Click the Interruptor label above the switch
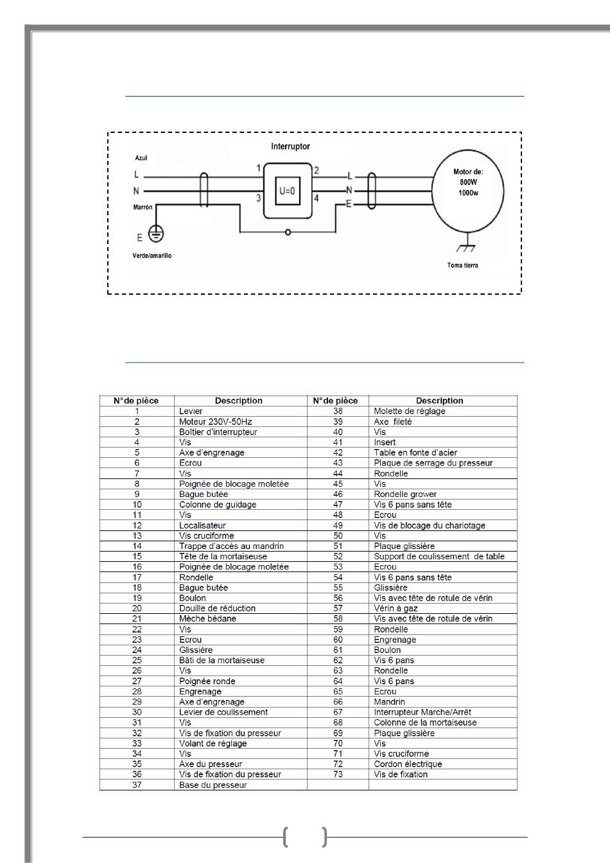pyautogui.click(x=290, y=146)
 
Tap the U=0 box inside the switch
pyautogui.click(x=288, y=191)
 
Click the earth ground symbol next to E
pyautogui.click(x=155, y=234)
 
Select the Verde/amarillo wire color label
pyautogui.click(x=152, y=256)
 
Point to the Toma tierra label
pyautogui.click(x=462, y=265)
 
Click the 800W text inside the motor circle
pyautogui.click(x=468, y=182)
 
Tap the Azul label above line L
pyautogui.click(x=141, y=158)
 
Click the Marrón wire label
pyautogui.click(x=143, y=207)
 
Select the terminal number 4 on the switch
pyautogui.click(x=317, y=198)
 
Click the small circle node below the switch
pyautogui.click(x=288, y=232)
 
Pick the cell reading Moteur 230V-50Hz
pyautogui.click(x=215, y=421)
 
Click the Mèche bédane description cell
pyautogui.click(x=207, y=618)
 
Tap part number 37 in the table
pyautogui.click(x=137, y=785)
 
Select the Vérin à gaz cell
pyautogui.click(x=396, y=608)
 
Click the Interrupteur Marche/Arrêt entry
pyautogui.click(x=423, y=712)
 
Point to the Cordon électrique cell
pyautogui.click(x=408, y=764)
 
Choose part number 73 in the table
pyautogui.click(x=338, y=774)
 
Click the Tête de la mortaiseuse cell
pyautogui.click(x=223, y=556)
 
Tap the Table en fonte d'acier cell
pyautogui.click(x=415, y=453)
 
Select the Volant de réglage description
pyautogui.click(x=213, y=744)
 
